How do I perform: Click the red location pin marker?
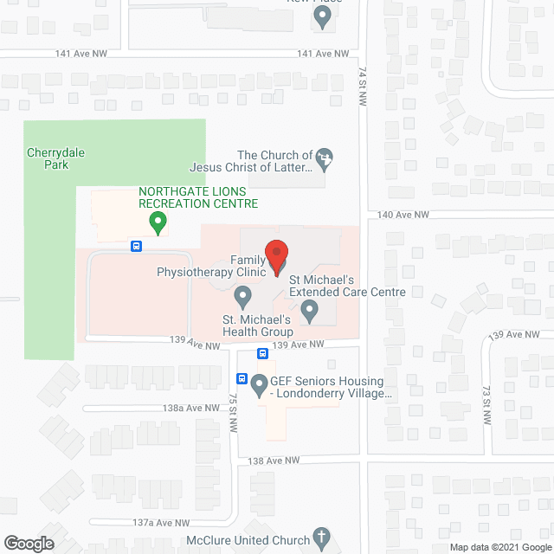pyautogui.click(x=276, y=257)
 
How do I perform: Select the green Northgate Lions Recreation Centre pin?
pyautogui.click(x=158, y=224)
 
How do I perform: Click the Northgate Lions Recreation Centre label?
pyautogui.click(x=198, y=197)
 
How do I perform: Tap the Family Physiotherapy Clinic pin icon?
pyautogui.click(x=243, y=297)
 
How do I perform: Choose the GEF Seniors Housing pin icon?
pyautogui.click(x=258, y=386)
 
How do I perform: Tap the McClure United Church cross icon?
pyautogui.click(x=321, y=538)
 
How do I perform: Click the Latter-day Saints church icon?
pyautogui.click(x=324, y=158)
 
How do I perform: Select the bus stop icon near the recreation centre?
pyautogui.click(x=136, y=246)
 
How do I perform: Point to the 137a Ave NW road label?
pyautogui.click(x=161, y=523)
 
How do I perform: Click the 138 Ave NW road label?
pyautogui.click(x=273, y=461)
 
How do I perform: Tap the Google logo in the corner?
pyautogui.click(x=28, y=544)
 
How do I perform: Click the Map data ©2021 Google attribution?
pyautogui.click(x=499, y=547)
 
